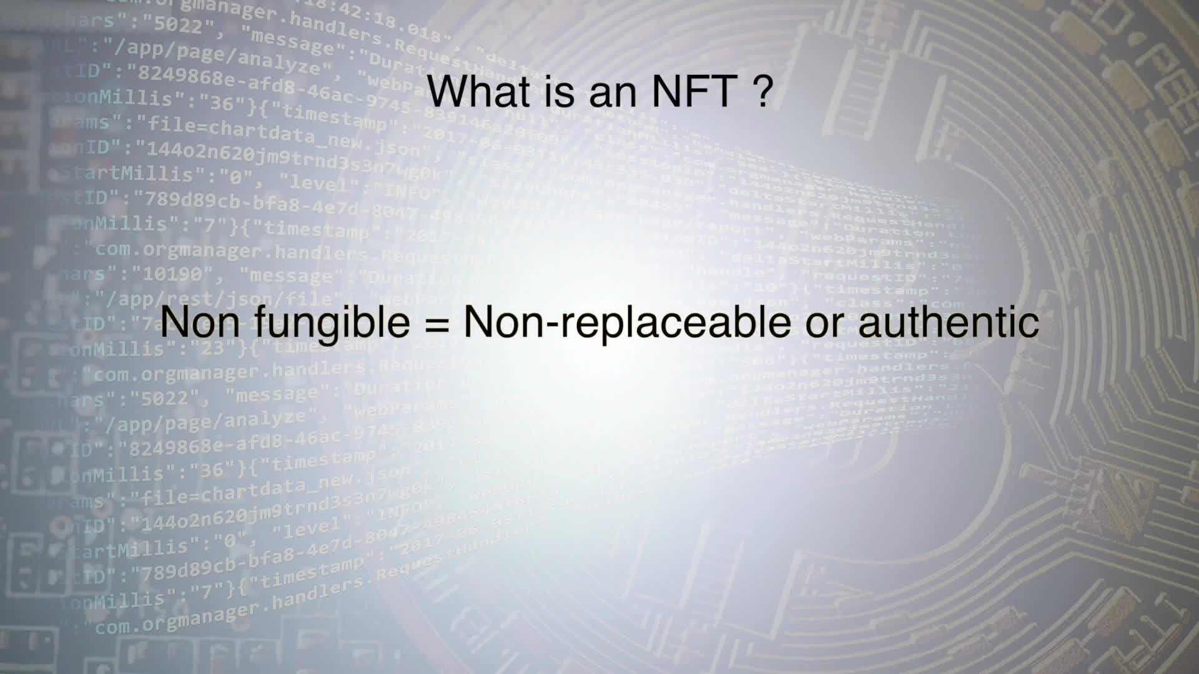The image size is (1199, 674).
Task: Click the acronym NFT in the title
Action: (694, 91)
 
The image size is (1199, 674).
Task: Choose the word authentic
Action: (949, 321)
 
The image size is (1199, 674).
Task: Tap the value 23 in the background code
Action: (212, 347)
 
